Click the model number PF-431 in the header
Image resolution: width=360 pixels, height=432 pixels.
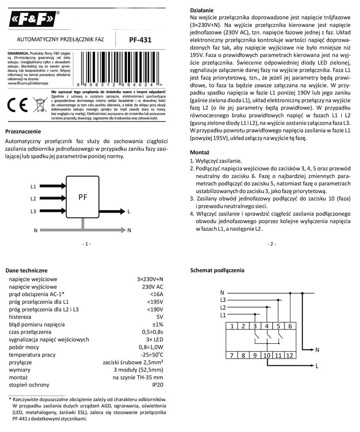tap(140, 40)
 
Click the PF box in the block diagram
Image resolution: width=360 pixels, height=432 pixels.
tap(83, 197)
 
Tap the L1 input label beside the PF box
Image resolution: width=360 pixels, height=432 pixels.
tap(33, 186)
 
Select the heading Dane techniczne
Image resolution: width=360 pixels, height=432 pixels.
tap(26, 270)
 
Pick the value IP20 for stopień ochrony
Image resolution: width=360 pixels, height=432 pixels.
tap(157, 385)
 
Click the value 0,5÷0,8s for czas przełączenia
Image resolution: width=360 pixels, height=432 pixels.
tap(151, 332)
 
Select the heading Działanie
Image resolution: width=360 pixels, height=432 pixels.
tap(202, 10)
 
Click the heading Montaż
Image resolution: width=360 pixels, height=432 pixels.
tap(200, 152)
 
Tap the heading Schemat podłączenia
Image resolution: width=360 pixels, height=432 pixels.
tap(217, 270)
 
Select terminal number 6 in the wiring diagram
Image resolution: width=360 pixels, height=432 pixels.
tap(290, 326)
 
